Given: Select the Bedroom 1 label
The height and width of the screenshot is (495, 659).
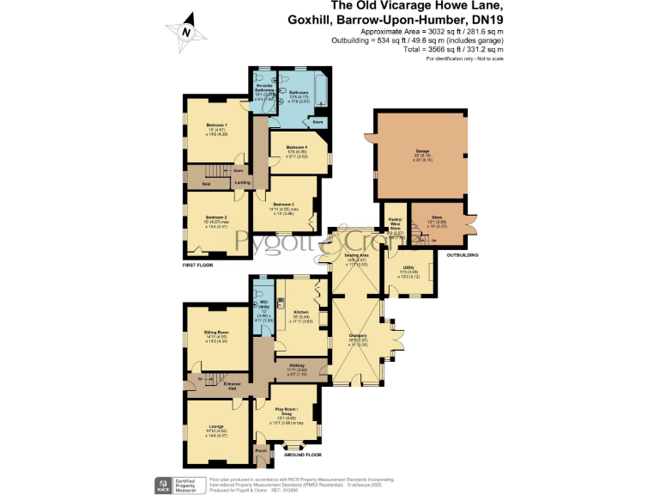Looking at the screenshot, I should click(209, 125).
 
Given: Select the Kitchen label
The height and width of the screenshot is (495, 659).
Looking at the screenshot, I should click(301, 312).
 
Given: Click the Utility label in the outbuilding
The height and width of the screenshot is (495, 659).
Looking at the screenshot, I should click(408, 268).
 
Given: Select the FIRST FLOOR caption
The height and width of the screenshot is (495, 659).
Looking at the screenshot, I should click(197, 266).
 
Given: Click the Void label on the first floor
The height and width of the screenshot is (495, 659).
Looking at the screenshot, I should click(206, 184).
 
